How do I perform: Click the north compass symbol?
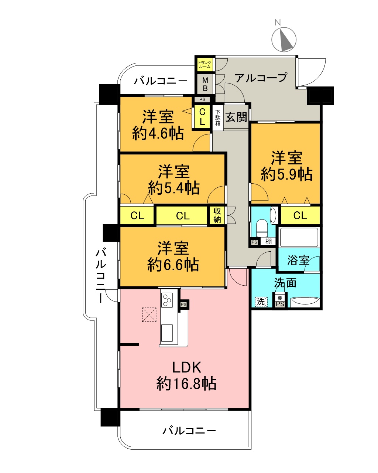[x=283, y=40]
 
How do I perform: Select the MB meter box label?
[x=205, y=84]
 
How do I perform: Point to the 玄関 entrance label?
[x=236, y=117]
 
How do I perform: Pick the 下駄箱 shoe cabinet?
[x=218, y=118]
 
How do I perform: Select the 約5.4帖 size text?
[x=174, y=188]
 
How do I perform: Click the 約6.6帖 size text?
[x=173, y=265]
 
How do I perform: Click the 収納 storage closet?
[x=217, y=215]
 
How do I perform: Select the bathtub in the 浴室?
[x=299, y=237]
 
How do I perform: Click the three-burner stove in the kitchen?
[x=167, y=300]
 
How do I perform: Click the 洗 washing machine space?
[x=261, y=302]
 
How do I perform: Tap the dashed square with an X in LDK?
[x=149, y=315]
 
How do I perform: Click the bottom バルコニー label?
[x=189, y=431]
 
